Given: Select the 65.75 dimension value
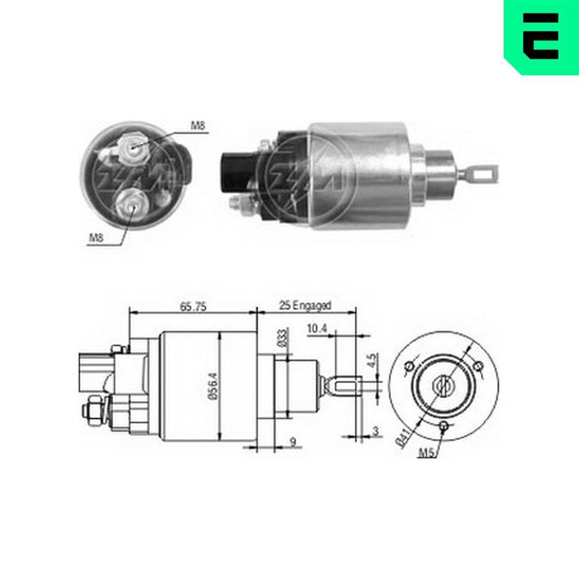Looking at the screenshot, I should (193, 307).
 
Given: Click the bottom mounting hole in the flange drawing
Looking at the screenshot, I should (444, 426).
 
